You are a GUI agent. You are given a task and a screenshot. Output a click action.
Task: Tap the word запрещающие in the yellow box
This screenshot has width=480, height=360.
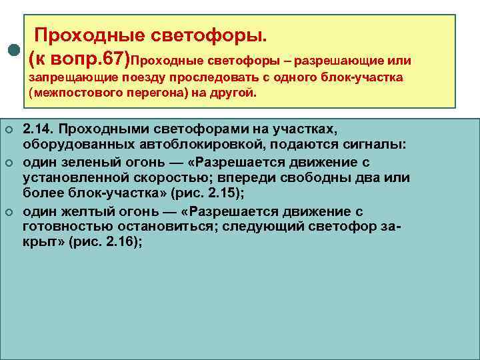click(65, 78)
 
